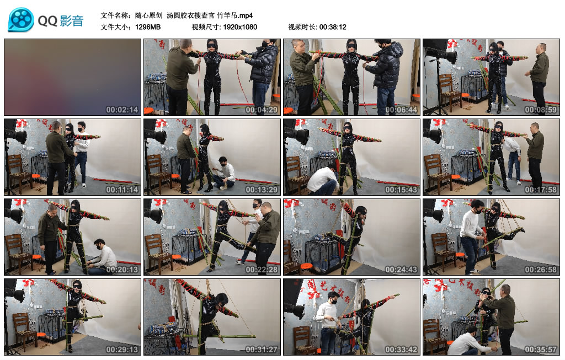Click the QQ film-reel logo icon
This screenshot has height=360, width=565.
tap(21, 20)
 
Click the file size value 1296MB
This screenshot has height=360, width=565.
tap(148, 27)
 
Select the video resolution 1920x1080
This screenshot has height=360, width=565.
tap(240, 27)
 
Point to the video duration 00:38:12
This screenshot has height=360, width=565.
tap(333, 27)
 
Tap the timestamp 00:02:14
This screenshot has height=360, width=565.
tap(122, 110)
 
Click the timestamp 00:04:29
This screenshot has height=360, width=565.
tap(261, 110)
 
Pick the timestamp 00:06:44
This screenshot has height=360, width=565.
tap(401, 110)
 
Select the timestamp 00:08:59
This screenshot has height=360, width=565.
tap(541, 110)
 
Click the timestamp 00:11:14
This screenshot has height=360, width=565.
tap(122, 190)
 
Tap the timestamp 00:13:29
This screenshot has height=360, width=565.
tap(261, 190)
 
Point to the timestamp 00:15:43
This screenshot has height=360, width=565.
tap(401, 190)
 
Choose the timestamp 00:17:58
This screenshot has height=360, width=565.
tap(541, 190)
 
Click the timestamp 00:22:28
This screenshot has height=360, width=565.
tap(261, 270)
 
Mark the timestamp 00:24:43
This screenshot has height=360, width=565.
tap(401, 270)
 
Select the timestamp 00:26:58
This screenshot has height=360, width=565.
tap(541, 270)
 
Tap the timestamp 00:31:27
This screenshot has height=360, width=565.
tap(261, 350)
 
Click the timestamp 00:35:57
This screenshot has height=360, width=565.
tap(541, 350)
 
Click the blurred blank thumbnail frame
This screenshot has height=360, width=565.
tap(72, 77)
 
